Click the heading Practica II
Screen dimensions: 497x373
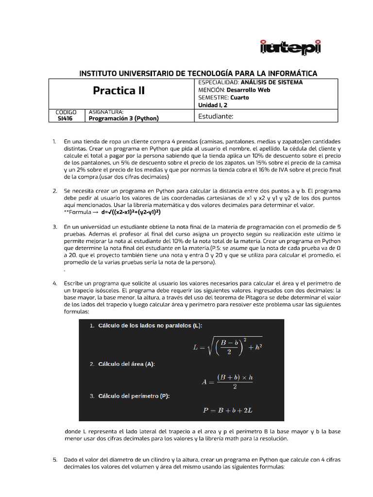119,91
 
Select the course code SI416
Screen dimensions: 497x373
66,118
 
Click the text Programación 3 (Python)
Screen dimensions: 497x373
124,118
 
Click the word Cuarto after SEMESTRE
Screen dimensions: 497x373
239,98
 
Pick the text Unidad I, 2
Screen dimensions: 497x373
213,105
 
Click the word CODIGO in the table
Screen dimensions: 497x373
66,112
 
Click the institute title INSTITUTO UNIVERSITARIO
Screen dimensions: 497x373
198,73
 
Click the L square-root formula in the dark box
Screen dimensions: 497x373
228,347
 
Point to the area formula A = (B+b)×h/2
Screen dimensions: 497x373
227,381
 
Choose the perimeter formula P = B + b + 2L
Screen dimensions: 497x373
227,410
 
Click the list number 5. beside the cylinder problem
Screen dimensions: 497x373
54,459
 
